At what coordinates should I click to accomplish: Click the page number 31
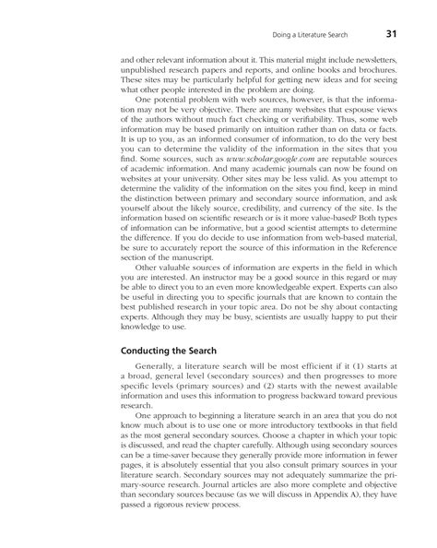pyautogui.click(x=390, y=35)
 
